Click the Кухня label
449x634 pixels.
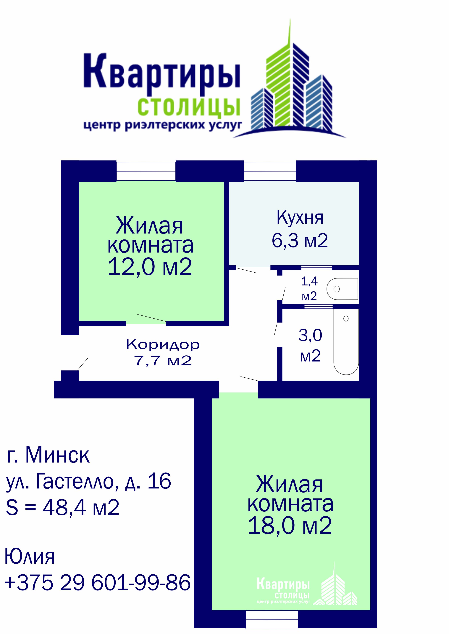300,218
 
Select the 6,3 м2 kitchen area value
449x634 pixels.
300,240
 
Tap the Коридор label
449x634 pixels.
163,345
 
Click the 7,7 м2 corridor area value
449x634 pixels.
163,360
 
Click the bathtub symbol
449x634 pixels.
346,342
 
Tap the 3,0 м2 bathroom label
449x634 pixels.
310,345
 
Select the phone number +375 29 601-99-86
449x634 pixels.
98,582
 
